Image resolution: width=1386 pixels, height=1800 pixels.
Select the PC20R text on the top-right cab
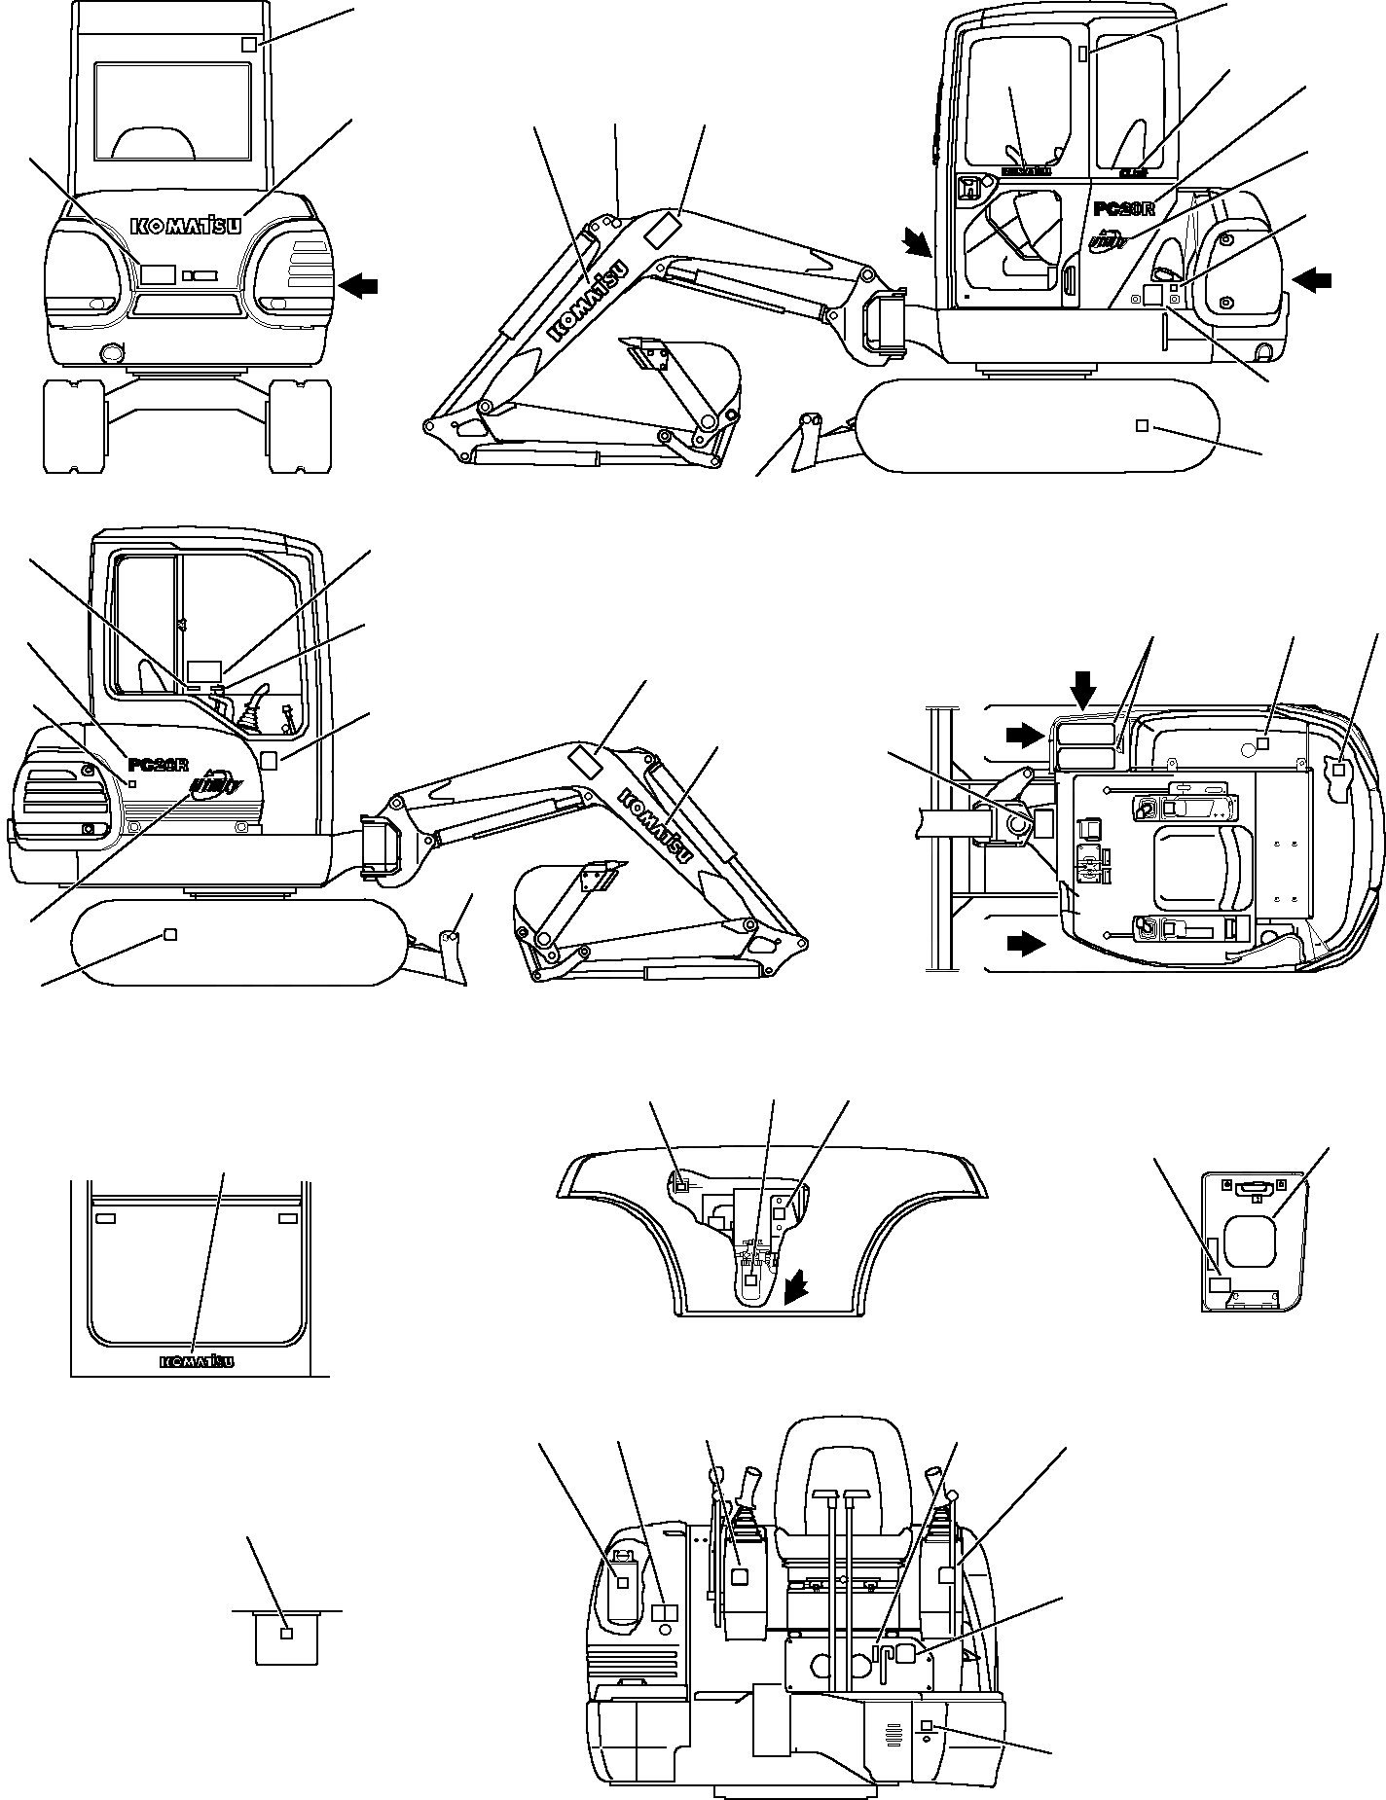[x=1124, y=208]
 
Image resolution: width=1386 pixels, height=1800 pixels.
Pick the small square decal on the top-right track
[x=1143, y=425]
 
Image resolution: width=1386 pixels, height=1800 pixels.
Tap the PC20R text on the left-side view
[x=159, y=764]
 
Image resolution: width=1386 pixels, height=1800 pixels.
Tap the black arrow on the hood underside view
[x=796, y=1289]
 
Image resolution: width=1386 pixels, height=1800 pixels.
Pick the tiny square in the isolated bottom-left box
[x=286, y=1634]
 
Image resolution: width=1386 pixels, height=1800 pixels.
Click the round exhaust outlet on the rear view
[x=111, y=351]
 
